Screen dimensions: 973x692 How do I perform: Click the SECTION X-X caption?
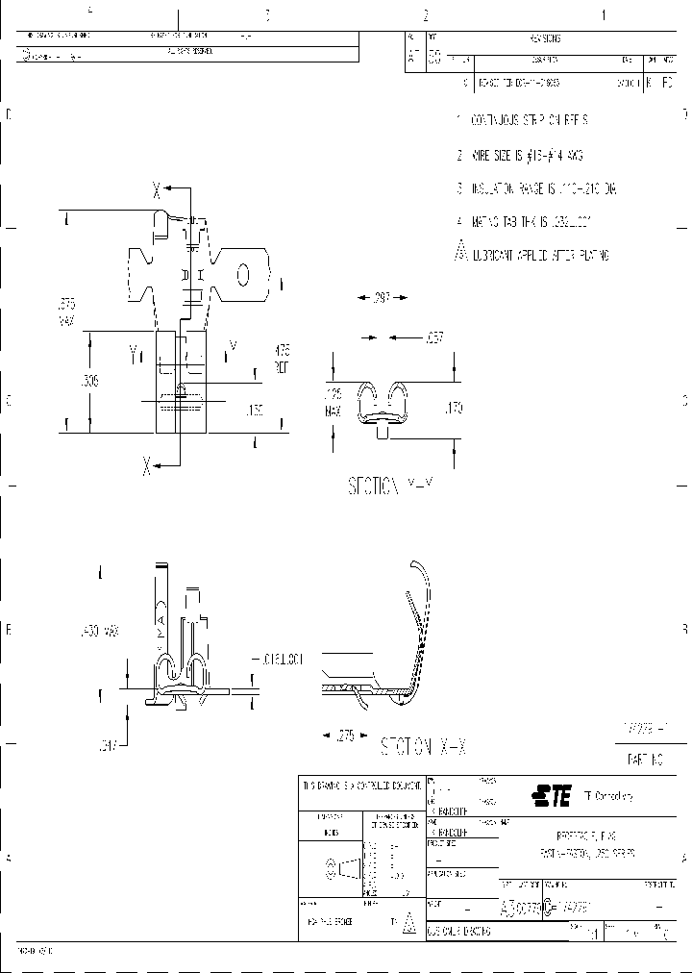tap(425, 745)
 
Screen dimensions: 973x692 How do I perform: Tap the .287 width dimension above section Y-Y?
tap(383, 298)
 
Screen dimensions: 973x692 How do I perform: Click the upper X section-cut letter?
tap(156, 190)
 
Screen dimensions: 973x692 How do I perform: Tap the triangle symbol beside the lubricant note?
tap(460, 254)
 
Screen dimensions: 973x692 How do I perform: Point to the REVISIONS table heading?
tap(544, 39)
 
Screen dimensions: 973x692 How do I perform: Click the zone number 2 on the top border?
tap(425, 14)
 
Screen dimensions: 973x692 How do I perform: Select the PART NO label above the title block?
tap(645, 760)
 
